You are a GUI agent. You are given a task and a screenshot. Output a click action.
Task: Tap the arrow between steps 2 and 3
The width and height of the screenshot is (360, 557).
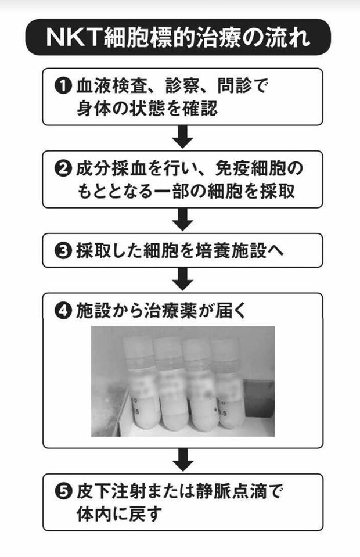click(x=182, y=220)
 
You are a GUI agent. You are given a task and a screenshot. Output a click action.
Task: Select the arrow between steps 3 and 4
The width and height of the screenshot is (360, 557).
click(x=182, y=279)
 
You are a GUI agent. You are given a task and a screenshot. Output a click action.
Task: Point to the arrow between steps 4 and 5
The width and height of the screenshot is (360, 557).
click(x=182, y=460)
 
